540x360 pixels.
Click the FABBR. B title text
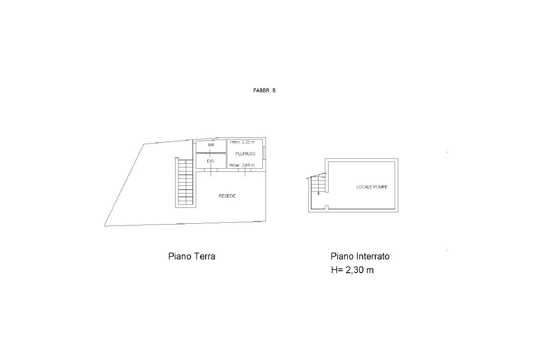pyautogui.click(x=264, y=90)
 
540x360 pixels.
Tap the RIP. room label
pyautogui.click(x=211, y=145)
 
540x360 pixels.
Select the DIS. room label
pyautogui.click(x=211, y=161)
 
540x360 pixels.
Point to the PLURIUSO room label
pyautogui.click(x=245, y=153)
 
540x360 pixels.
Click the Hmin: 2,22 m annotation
pyautogui.click(x=242, y=142)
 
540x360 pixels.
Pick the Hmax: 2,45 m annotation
pyautogui.click(x=242, y=165)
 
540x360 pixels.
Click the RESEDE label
pyautogui.click(x=227, y=196)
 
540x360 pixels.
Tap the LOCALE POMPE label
pyautogui.click(x=372, y=187)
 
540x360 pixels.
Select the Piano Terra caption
pyautogui.click(x=192, y=256)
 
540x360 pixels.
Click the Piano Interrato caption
pyautogui.click(x=360, y=256)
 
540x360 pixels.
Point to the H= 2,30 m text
pyautogui.click(x=352, y=270)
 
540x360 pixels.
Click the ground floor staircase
pyautogui.click(x=185, y=182)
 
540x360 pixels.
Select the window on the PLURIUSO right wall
pyautogui.click(x=265, y=153)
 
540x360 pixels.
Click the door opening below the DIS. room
pyautogui.click(x=211, y=170)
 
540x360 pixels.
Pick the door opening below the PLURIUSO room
pyautogui.click(x=245, y=170)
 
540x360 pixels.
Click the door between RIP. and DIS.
pyautogui.click(x=210, y=153)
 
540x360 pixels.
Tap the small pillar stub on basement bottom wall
pyautogui.click(x=327, y=207)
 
